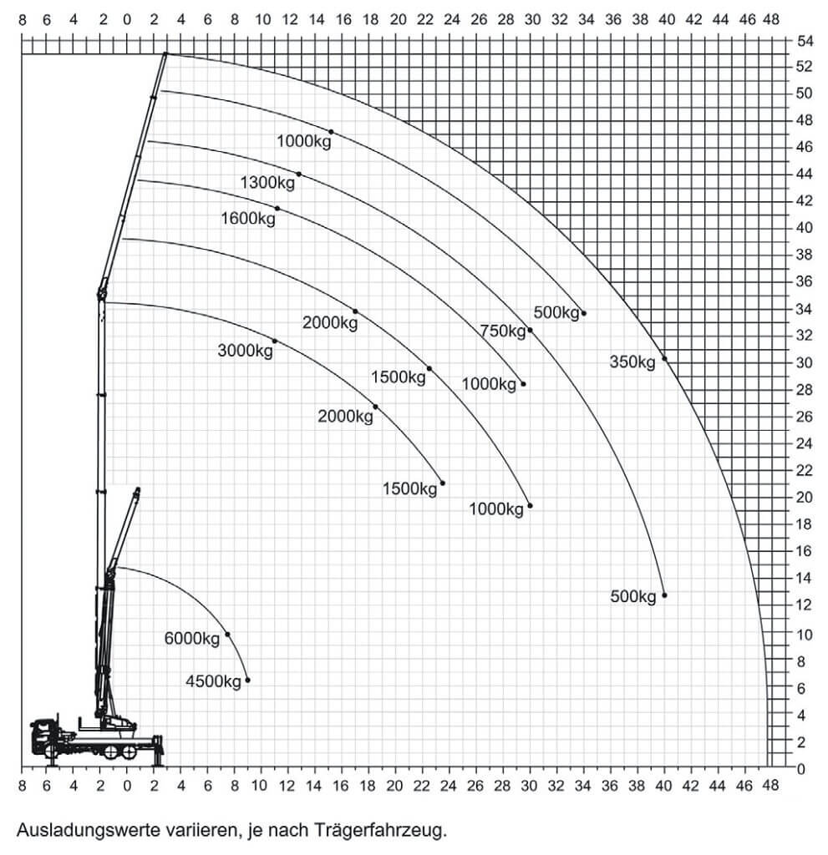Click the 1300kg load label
(267, 182)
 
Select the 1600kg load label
(248, 219)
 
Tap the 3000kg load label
(245, 351)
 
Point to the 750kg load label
(503, 331)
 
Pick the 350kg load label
(632, 362)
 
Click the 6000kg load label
(192, 639)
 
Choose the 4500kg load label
(213, 681)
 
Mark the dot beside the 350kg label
(664, 359)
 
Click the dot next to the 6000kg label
(227, 635)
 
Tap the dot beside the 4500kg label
(248, 680)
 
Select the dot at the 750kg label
(530, 331)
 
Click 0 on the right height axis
(800, 769)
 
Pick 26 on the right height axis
(805, 417)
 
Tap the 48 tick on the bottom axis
(770, 786)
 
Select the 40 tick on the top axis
(667, 20)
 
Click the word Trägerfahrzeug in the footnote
(380, 831)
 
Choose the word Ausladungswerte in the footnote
(76, 831)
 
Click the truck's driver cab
(43, 736)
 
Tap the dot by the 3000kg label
(275, 341)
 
